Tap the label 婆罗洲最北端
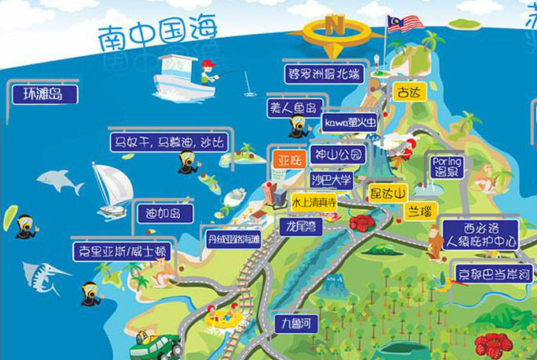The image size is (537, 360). [324, 73]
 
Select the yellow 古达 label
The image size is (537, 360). [409, 92]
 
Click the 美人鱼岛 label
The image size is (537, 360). [293, 107]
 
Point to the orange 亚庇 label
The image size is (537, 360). [288, 159]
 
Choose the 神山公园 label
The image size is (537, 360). [336, 154]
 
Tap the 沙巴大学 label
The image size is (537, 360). [331, 179]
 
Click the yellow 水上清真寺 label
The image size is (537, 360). [314, 202]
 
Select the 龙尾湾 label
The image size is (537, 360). [301, 226]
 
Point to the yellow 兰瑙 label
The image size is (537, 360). [419, 212]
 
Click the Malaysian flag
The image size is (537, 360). [405, 23]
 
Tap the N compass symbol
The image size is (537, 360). [336, 27]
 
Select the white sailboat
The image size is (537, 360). [111, 189]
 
